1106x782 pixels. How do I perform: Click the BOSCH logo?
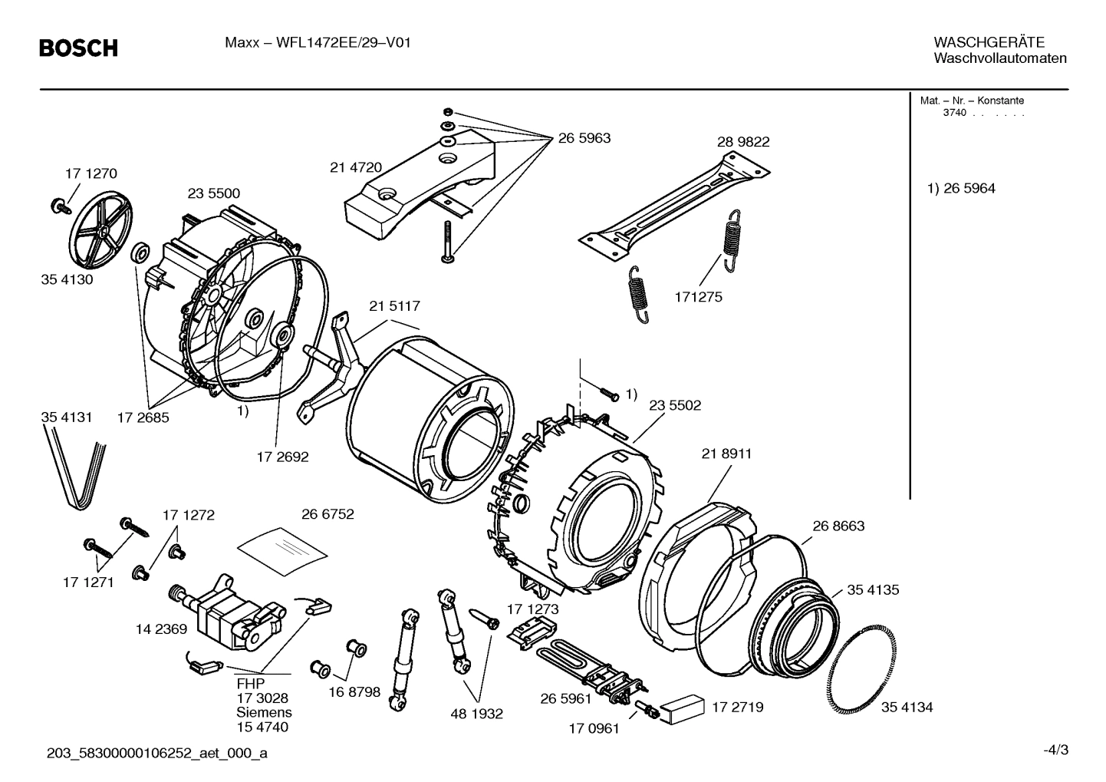pos(79,48)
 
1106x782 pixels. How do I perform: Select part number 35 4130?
pos(67,279)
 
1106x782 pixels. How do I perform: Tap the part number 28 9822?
pos(743,142)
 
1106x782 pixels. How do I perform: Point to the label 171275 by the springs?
pos(698,297)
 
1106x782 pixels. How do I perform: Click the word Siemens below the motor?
pos(264,712)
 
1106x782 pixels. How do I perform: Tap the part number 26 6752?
pos(328,514)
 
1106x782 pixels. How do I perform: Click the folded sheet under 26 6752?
pos(282,546)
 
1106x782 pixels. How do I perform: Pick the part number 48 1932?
pos(476,714)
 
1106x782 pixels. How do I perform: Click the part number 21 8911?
pos(726,454)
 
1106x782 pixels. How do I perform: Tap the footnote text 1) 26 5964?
pos(961,189)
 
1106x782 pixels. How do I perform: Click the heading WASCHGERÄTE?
pos(989,42)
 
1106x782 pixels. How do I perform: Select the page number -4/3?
pos(1055,750)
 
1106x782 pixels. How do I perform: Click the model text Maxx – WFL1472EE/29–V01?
pos(318,43)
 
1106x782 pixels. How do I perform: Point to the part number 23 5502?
pos(675,405)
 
